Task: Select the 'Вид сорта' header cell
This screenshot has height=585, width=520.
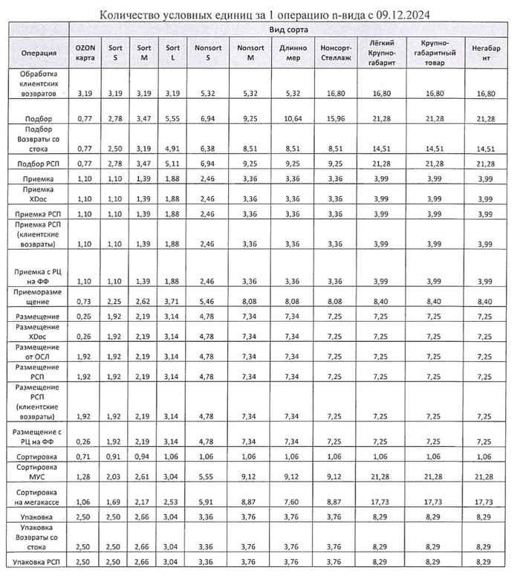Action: coord(290,29)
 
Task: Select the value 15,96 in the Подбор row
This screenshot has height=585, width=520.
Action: coord(336,118)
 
